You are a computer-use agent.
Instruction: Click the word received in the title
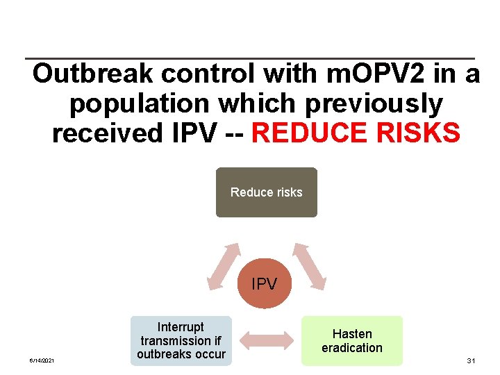point(104,133)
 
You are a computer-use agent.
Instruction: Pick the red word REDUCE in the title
point(308,133)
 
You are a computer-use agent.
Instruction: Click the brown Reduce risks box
point(266,192)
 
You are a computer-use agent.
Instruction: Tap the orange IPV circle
point(264,283)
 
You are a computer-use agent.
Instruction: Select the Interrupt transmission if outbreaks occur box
point(181,340)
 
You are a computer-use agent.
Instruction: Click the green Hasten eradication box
point(351,340)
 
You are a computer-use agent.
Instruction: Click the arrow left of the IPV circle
point(224,265)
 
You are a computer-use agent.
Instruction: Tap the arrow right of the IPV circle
point(308,265)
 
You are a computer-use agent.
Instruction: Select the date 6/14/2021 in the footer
point(42,360)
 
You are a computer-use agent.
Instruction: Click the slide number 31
point(471,360)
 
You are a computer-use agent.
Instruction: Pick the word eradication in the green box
point(351,347)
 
